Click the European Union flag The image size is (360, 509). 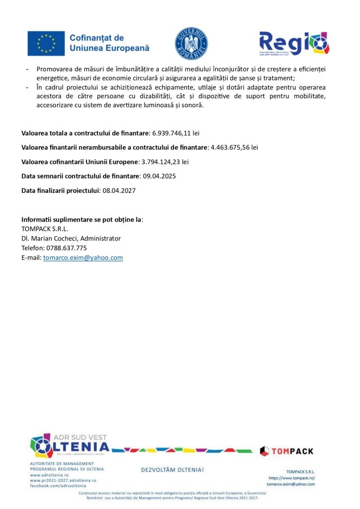[x=46, y=43]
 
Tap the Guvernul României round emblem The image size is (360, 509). [x=191, y=44]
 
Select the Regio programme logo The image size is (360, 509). [x=294, y=43]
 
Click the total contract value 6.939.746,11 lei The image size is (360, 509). [x=175, y=133]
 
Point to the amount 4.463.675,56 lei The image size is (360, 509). [x=234, y=148]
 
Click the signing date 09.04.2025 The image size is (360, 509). [x=159, y=176]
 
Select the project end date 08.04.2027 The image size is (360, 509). [x=119, y=190]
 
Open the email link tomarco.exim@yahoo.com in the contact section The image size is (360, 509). [x=83, y=258]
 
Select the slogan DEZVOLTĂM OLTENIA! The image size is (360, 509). [x=173, y=470]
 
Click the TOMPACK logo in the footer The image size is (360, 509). [x=287, y=451]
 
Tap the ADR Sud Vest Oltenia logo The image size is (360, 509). [x=69, y=445]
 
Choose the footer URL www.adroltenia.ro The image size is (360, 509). [x=49, y=475]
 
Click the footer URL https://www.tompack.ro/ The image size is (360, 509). [x=291, y=478]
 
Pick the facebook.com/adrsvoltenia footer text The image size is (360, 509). [x=58, y=486]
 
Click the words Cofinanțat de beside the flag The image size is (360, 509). [x=96, y=38]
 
